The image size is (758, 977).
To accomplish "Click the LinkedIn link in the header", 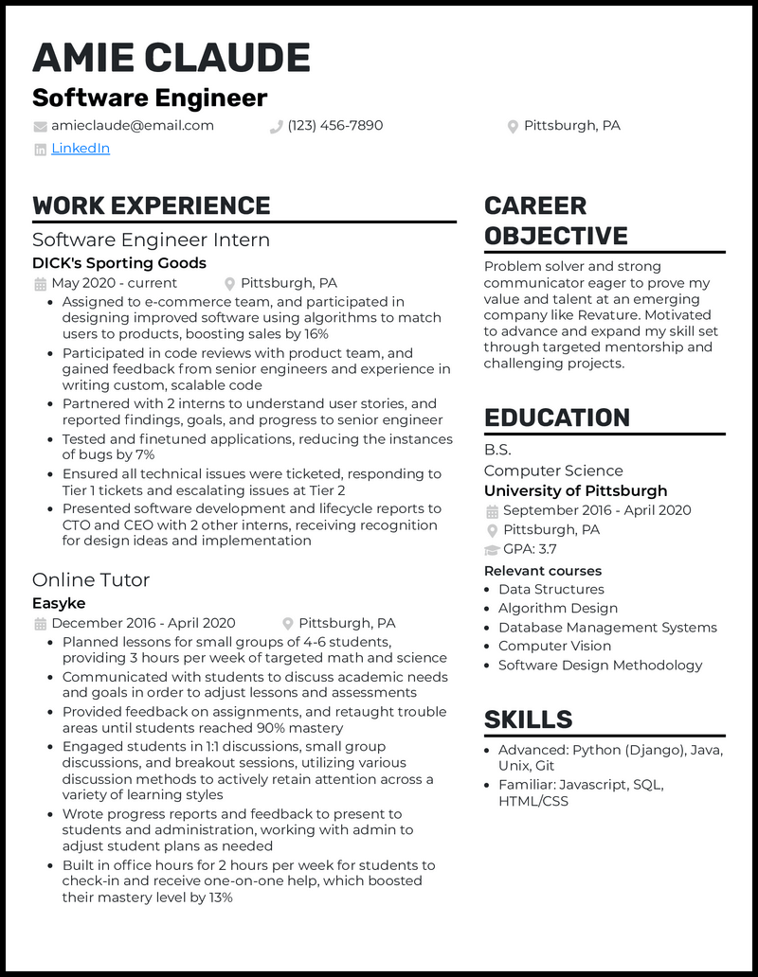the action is coord(81,149).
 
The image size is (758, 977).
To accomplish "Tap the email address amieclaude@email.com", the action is coord(133,126).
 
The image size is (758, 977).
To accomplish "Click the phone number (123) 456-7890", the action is coord(335,126).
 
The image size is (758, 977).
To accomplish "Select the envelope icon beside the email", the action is coord(40,127).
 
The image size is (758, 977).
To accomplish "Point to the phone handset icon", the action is coord(277,127).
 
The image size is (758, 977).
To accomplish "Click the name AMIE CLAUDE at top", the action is coord(171,59).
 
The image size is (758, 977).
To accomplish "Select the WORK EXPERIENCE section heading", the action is coord(152,205).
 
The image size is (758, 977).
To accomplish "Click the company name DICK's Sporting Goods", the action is coord(119,263).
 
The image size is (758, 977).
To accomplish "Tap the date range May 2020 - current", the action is coord(114,283).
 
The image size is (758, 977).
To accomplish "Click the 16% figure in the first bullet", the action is coord(316,334).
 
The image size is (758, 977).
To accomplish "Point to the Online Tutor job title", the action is coord(91,579).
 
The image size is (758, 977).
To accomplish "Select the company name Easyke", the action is coord(59,603).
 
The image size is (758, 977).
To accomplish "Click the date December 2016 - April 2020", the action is coord(143,623).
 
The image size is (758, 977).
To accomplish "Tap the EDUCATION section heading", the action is coord(557,417).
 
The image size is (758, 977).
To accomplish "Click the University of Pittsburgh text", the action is coord(575,490).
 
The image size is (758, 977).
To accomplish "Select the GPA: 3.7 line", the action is coord(530,549).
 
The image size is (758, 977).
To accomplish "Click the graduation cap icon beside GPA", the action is coord(492,550).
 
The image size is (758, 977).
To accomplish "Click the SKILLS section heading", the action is coord(528,719).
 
